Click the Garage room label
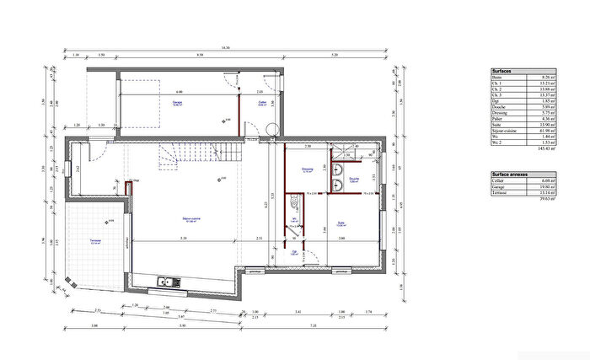pyautogui.click(x=177, y=103)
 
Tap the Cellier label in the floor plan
pyautogui.click(x=262, y=103)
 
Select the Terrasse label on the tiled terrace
pyautogui.click(x=96, y=240)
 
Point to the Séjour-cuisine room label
pyautogui.click(x=195, y=218)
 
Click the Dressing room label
pyautogui.click(x=308, y=169)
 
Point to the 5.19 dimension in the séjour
pyautogui.click(x=183, y=239)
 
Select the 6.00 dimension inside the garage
pyautogui.click(x=179, y=91)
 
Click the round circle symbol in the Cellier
pyautogui.click(x=271, y=127)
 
